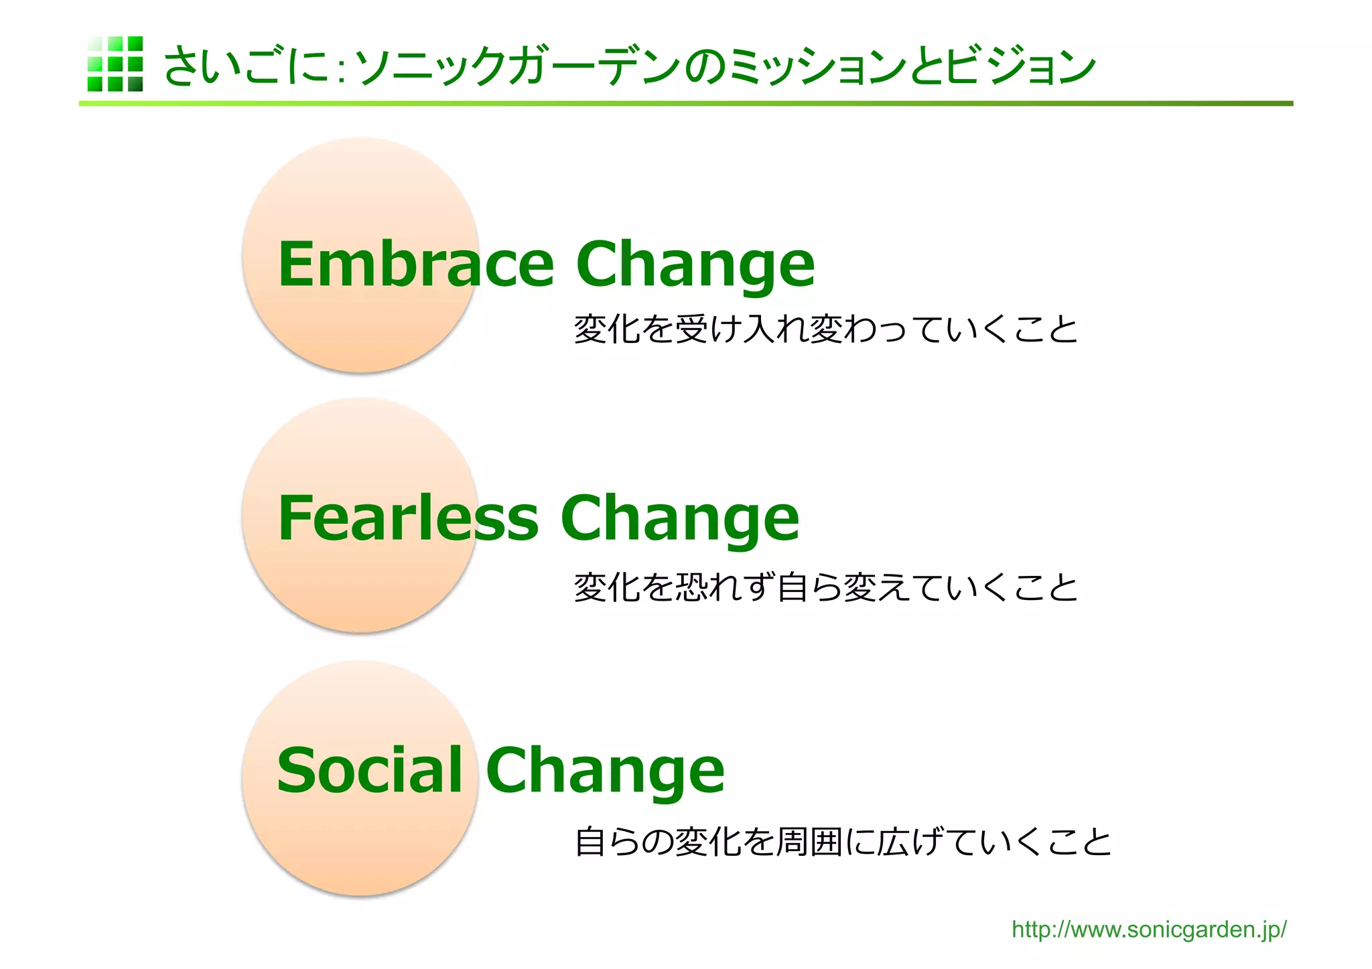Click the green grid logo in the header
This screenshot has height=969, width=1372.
[x=115, y=64]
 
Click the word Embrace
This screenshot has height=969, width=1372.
[x=415, y=265]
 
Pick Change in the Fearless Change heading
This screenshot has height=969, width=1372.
[x=679, y=519]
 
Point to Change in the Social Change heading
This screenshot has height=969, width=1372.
[x=605, y=771]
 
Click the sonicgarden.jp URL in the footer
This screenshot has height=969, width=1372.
[x=1148, y=929]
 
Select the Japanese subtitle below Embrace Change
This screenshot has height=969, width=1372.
[x=825, y=329]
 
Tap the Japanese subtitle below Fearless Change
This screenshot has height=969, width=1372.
[x=825, y=587]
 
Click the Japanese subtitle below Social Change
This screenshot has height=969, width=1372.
[x=843, y=842]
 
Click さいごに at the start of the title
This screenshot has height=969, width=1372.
[x=247, y=66]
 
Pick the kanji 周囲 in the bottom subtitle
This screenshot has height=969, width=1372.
[x=809, y=842]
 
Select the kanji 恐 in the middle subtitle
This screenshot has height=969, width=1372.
[x=691, y=587]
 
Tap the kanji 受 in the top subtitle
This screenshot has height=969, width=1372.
[x=691, y=329]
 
